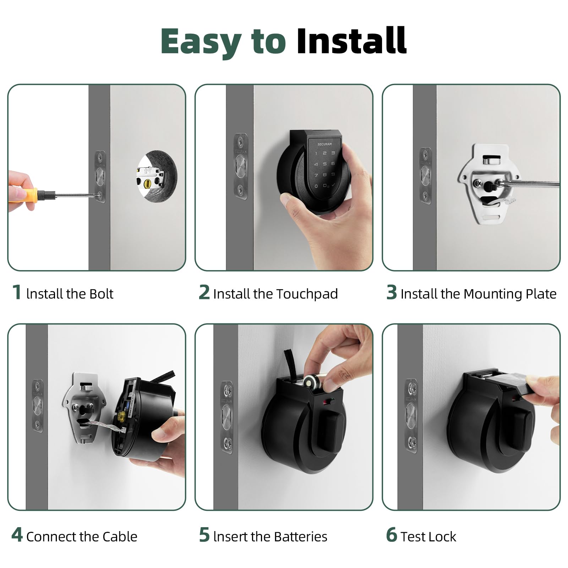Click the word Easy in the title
(x=201, y=42)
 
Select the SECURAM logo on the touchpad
(x=324, y=144)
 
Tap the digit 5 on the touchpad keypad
(x=324, y=164)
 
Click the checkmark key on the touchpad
(x=333, y=185)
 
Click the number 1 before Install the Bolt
(x=17, y=293)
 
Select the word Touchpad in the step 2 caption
(x=307, y=294)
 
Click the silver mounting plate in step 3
(x=488, y=185)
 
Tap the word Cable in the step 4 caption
(x=119, y=537)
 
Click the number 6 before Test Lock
(x=391, y=535)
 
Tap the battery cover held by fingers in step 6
(x=511, y=383)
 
